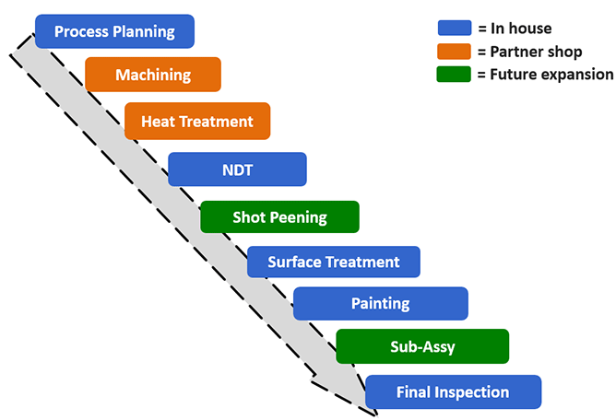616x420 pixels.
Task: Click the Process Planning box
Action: click(114, 31)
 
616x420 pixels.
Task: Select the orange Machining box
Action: click(153, 75)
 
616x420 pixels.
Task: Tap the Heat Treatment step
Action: click(197, 122)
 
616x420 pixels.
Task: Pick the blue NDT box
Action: click(237, 169)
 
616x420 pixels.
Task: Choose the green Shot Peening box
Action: click(279, 217)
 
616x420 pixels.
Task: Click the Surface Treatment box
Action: click(334, 262)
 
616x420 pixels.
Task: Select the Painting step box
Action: click(381, 303)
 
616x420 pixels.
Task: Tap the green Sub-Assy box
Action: click(422, 346)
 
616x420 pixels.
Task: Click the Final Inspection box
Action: click(454, 391)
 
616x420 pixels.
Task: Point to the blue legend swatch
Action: click(455, 28)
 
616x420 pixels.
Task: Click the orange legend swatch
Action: click(454, 52)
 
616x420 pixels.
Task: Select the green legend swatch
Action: click(454, 75)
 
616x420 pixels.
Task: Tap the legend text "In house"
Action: click(521, 29)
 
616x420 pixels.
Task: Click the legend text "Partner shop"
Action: click(536, 52)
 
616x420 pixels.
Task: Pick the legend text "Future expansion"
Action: click(551, 75)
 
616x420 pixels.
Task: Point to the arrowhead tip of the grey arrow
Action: click(377, 414)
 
